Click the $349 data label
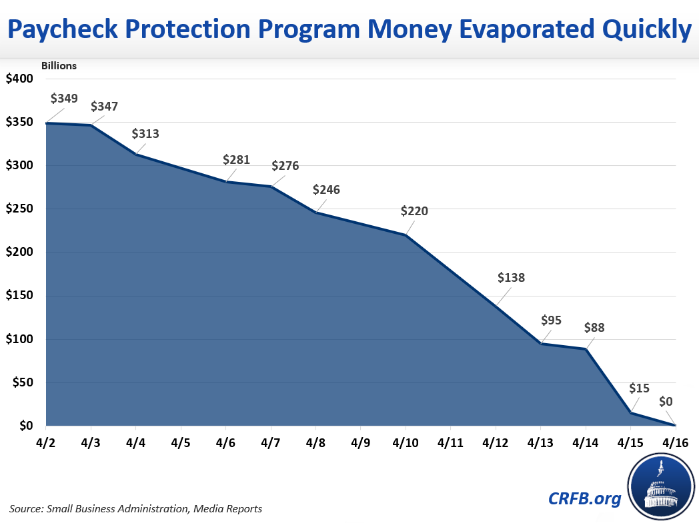click(64, 99)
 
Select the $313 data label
click(145, 133)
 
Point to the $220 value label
click(414, 211)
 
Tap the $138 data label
click(511, 278)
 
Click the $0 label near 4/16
click(666, 401)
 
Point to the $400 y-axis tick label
click(19, 79)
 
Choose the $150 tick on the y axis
click(19, 296)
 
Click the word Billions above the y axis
click(59, 65)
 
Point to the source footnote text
click(136, 509)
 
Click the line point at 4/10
click(406, 235)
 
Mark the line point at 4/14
click(586, 349)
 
